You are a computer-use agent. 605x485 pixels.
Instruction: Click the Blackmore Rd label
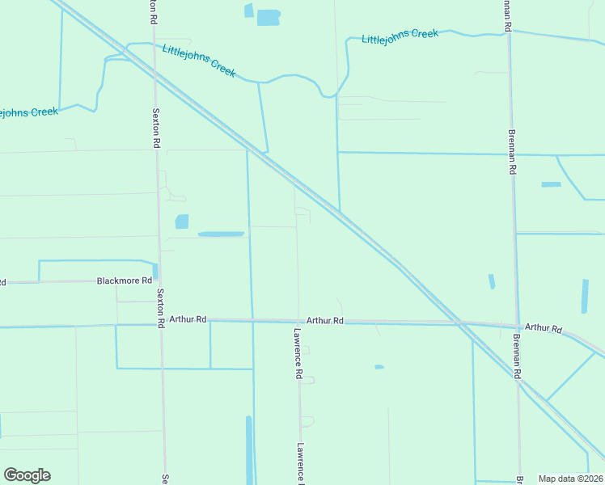124,280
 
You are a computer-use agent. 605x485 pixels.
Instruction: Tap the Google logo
27,475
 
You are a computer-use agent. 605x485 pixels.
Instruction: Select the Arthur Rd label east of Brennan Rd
544,328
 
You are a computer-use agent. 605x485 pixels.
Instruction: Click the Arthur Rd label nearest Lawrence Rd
325,321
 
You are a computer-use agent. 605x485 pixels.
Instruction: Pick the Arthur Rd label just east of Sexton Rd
188,319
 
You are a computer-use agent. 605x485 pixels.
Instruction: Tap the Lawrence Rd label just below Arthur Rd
298,354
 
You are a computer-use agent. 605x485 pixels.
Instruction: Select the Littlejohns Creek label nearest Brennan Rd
400,36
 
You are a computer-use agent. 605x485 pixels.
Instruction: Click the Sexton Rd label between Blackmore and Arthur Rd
161,307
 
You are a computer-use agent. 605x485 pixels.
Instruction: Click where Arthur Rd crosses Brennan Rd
515,325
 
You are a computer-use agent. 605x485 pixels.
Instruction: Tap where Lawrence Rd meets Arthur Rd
298,321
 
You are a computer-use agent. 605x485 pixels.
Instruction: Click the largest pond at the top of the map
269,17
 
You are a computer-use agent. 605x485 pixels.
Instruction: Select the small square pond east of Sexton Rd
182,221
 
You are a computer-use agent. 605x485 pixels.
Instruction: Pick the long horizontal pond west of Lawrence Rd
221,234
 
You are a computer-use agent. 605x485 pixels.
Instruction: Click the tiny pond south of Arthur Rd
379,367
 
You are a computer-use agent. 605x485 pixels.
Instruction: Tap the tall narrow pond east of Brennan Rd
585,296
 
